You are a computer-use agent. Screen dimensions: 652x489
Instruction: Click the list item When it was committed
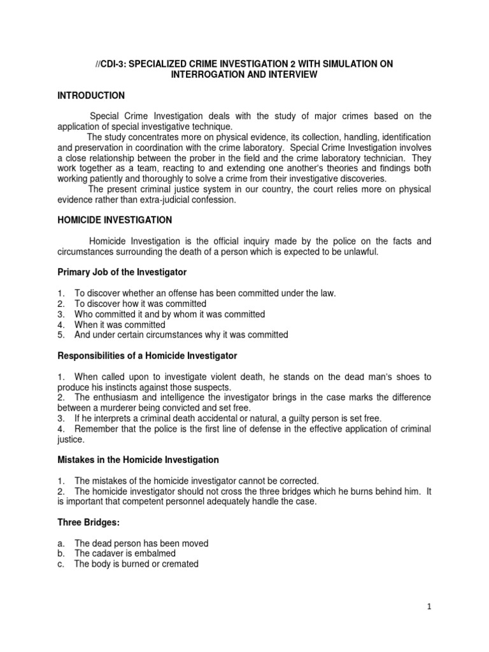click(120, 324)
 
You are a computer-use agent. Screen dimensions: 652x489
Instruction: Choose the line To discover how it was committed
click(140, 303)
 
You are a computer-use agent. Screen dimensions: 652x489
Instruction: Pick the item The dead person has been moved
click(141, 543)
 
